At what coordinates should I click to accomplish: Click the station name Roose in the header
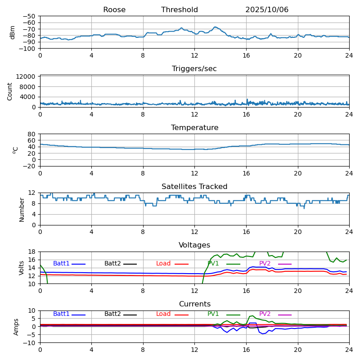coord(114,10)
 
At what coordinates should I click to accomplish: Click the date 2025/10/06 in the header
coord(267,10)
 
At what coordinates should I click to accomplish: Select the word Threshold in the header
coord(180,10)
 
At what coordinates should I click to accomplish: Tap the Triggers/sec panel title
coord(194,69)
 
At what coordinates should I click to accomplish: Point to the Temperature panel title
coord(194,128)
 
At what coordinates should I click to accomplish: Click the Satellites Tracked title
coord(194,187)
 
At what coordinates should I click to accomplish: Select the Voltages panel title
coord(194,245)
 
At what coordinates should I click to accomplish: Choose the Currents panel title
coord(194,304)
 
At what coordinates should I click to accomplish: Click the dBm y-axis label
coord(13,32)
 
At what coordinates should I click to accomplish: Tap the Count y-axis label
coord(10,91)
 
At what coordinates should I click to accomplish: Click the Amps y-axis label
coord(16,327)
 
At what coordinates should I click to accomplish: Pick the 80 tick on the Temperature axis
coord(32,134)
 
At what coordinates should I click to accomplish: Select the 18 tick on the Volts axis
coord(32,252)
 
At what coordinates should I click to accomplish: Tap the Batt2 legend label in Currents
coord(112,314)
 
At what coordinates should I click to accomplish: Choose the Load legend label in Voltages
coord(163,264)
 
